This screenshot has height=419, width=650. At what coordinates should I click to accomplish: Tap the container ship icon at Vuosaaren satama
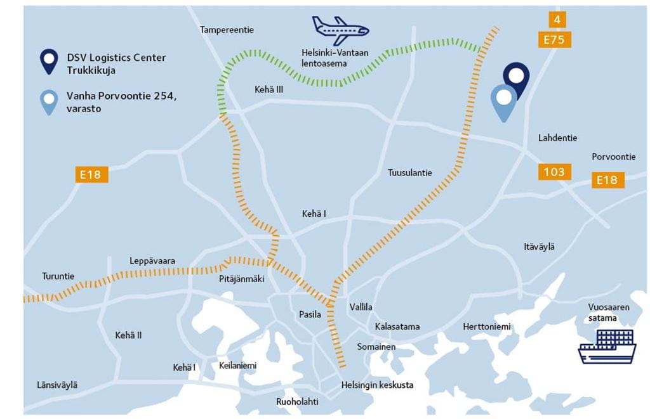(x=607, y=345)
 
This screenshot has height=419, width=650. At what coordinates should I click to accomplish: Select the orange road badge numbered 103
(x=554, y=171)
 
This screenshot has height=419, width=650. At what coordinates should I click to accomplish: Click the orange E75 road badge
(x=554, y=40)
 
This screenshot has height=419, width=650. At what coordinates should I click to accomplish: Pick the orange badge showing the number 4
(x=556, y=20)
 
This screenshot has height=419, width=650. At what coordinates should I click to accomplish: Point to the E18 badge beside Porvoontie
(x=607, y=180)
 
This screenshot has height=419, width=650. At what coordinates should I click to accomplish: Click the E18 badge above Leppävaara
(x=91, y=174)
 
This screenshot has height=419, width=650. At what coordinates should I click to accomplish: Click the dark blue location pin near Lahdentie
(x=516, y=77)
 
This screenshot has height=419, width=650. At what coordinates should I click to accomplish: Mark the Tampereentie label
(x=227, y=30)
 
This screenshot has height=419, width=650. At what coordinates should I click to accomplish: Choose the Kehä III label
(x=269, y=90)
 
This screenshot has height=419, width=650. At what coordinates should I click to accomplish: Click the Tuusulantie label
(x=409, y=172)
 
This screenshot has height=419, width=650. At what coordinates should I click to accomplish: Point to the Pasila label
(x=310, y=314)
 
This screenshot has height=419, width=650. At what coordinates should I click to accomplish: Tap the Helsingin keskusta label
(x=377, y=385)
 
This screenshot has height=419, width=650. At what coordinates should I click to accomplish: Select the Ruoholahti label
(x=297, y=402)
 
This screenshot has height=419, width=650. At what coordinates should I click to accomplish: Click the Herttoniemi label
(x=487, y=326)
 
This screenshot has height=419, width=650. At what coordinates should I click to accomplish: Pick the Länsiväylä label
(x=57, y=384)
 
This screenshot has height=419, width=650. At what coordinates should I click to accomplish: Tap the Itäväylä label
(x=539, y=247)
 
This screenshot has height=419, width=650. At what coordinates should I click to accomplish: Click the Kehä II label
(x=128, y=335)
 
